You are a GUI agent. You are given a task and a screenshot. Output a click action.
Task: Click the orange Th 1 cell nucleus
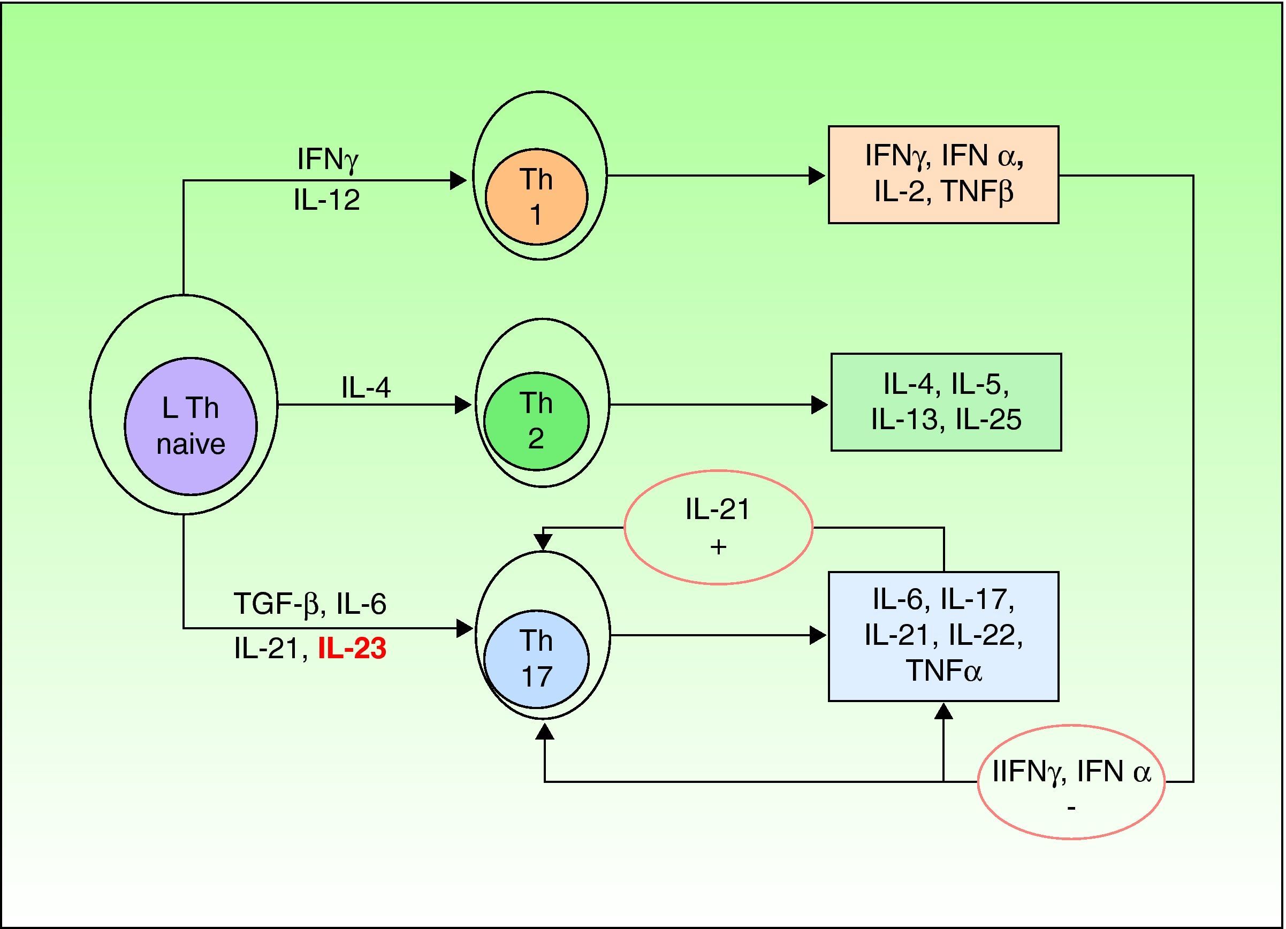(x=536, y=197)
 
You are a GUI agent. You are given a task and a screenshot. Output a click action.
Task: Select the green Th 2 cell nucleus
(x=536, y=421)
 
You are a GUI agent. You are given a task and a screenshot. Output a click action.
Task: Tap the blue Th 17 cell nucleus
(x=536, y=659)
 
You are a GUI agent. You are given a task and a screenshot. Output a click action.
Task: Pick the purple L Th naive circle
(x=191, y=426)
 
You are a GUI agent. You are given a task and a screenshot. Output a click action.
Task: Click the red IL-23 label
(x=352, y=648)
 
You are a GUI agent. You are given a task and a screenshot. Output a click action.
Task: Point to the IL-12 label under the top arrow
(x=326, y=200)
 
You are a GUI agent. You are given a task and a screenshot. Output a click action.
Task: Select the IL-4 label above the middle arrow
(x=366, y=388)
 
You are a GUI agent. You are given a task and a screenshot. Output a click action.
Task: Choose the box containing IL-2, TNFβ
(x=943, y=174)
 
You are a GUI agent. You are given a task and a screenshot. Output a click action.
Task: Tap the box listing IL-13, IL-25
(x=946, y=402)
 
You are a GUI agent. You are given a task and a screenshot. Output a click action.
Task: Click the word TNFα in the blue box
(x=943, y=671)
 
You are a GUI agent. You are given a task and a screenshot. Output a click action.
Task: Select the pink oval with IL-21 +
(x=718, y=527)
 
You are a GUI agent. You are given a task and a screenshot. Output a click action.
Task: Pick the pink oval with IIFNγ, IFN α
(x=1070, y=781)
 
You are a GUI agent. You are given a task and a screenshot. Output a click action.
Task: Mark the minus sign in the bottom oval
(x=1070, y=806)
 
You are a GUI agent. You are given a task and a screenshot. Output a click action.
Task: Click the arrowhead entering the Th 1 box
(x=817, y=176)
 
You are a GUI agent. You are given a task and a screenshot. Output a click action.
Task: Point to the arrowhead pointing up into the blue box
(x=943, y=710)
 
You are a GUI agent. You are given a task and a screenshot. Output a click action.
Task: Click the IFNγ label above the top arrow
(x=327, y=159)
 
